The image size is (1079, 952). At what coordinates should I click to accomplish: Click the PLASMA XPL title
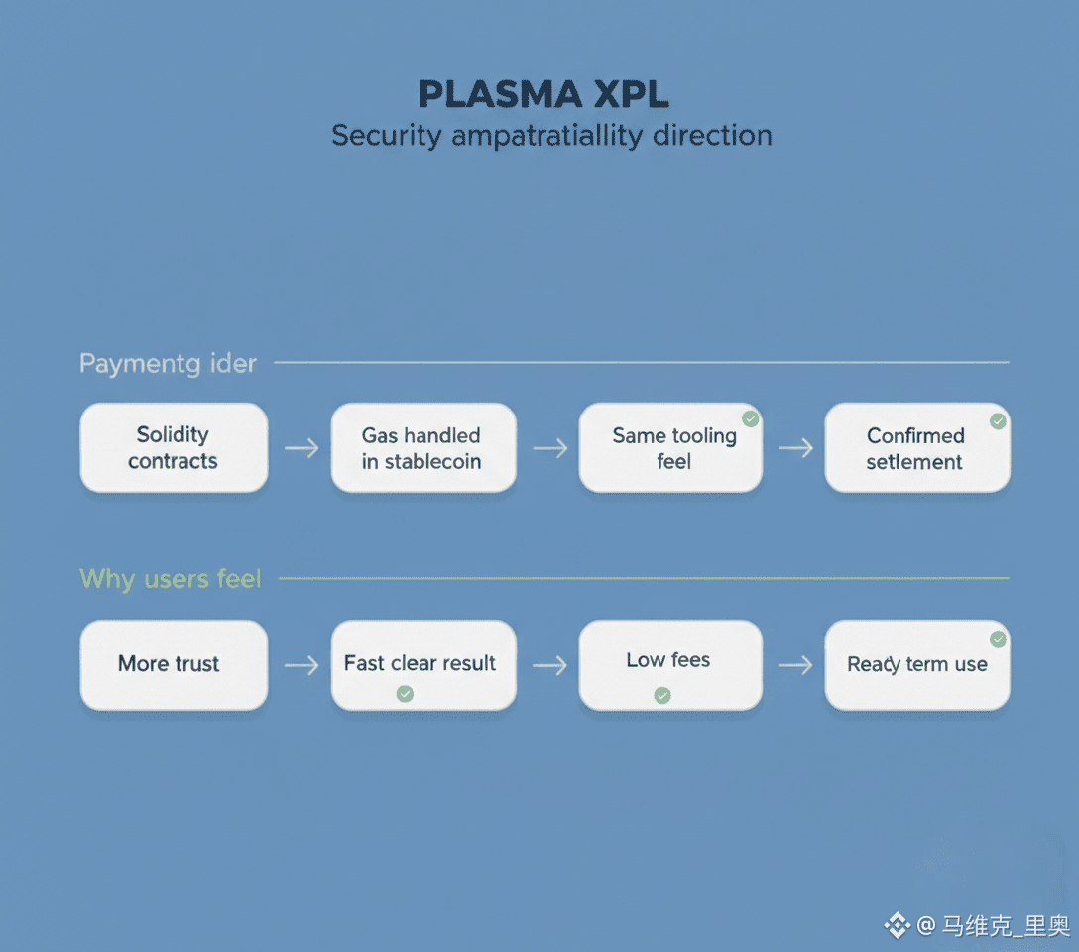(543, 94)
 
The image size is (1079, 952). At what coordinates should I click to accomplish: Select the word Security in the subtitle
(386, 136)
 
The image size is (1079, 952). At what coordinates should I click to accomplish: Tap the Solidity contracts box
(174, 447)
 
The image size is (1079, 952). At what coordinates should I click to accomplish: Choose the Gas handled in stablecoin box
(422, 447)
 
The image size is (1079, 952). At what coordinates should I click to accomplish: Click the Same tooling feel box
(671, 447)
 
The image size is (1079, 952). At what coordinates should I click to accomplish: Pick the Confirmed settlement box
(916, 447)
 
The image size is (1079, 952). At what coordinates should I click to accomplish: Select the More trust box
(174, 664)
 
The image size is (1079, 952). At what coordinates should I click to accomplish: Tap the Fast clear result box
(422, 664)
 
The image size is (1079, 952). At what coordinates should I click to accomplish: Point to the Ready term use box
(916, 664)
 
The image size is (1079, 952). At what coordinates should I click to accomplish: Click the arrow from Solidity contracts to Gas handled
(300, 448)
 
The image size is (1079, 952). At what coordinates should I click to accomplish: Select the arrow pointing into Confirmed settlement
(794, 448)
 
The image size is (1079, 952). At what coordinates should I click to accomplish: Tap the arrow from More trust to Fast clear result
(300, 664)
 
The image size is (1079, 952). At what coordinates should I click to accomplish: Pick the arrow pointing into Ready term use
(794, 664)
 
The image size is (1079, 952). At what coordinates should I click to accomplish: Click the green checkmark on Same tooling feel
(751, 419)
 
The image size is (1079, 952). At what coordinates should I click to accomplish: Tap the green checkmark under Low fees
(662, 696)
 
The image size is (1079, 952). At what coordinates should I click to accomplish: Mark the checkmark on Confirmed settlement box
(998, 421)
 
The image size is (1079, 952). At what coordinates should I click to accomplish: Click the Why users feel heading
(170, 578)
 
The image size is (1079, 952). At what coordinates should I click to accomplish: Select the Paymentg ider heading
(168, 363)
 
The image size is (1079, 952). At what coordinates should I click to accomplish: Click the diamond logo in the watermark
(897, 926)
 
